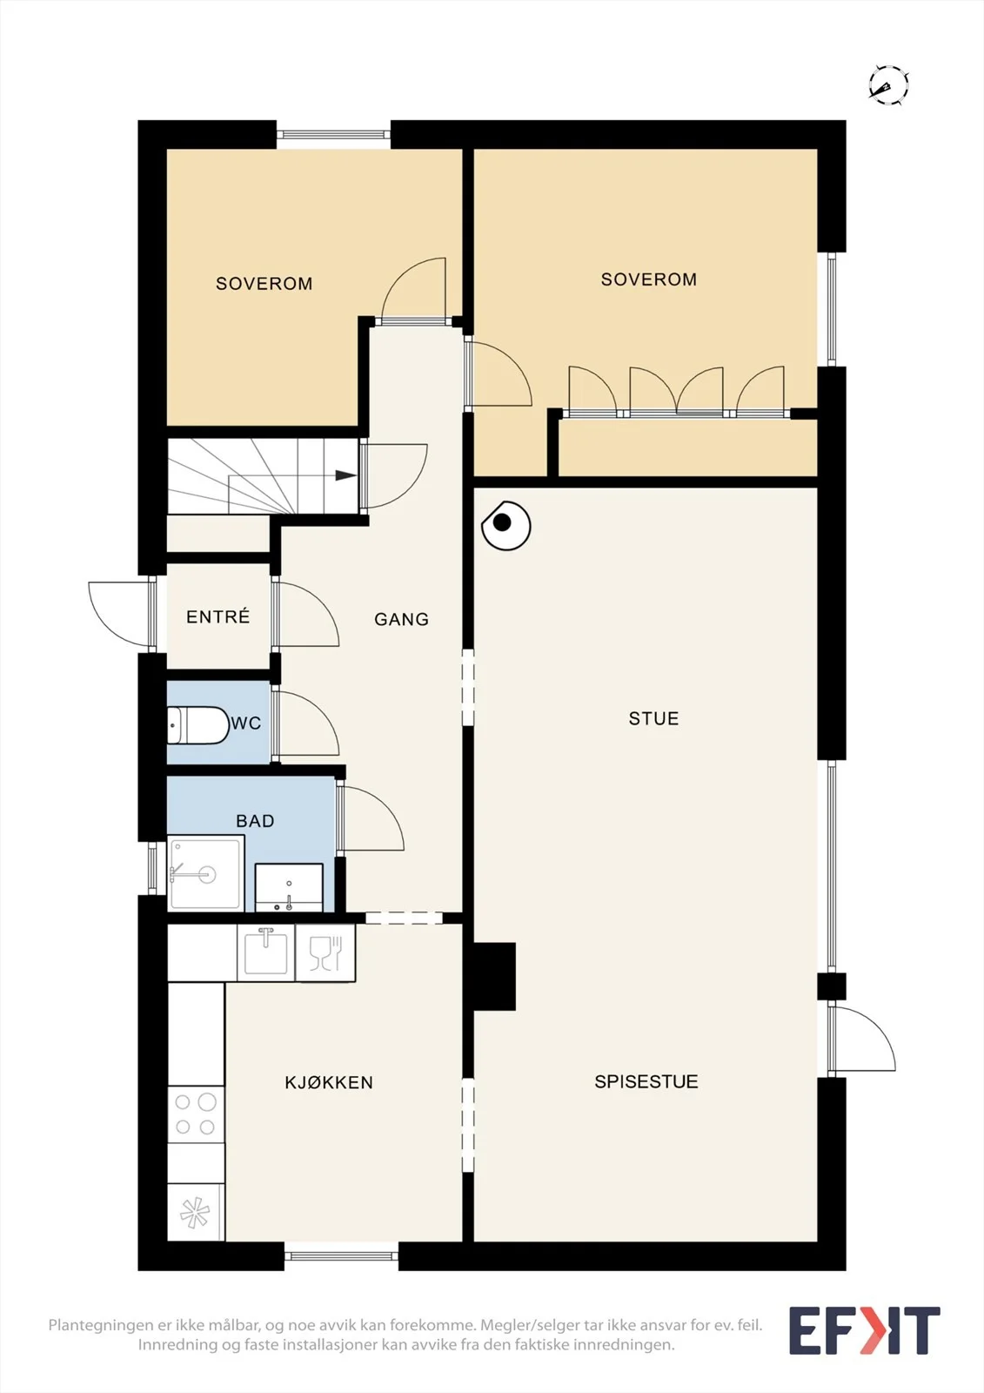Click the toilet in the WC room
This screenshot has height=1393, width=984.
pyautogui.click(x=198, y=724)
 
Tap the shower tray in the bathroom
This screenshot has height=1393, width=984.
pyautogui.click(x=205, y=872)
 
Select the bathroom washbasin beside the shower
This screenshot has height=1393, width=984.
pyautogui.click(x=289, y=887)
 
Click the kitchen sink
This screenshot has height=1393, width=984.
pyautogui.click(x=265, y=952)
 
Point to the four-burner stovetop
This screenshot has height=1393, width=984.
pyautogui.click(x=196, y=1114)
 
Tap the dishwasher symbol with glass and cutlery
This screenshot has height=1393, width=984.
pyautogui.click(x=325, y=952)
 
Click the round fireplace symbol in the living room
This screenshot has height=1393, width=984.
pyautogui.click(x=506, y=526)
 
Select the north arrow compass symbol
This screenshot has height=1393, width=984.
pyautogui.click(x=888, y=84)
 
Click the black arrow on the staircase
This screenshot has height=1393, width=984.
pyautogui.click(x=345, y=475)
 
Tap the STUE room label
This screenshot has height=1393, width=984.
pyautogui.click(x=653, y=719)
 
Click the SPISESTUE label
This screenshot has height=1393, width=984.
pyautogui.click(x=646, y=1082)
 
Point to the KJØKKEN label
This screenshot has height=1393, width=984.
pyautogui.click(x=329, y=1083)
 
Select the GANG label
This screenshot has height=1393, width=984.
pyautogui.click(x=402, y=619)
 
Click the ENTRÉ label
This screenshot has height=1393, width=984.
pyautogui.click(x=218, y=617)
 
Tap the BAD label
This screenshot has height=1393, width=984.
pyautogui.click(x=255, y=821)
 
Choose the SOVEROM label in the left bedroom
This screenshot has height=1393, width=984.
pyautogui.click(x=264, y=284)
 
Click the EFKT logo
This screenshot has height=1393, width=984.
pyautogui.click(x=864, y=1330)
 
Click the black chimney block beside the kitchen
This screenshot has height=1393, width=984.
pyautogui.click(x=495, y=976)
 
